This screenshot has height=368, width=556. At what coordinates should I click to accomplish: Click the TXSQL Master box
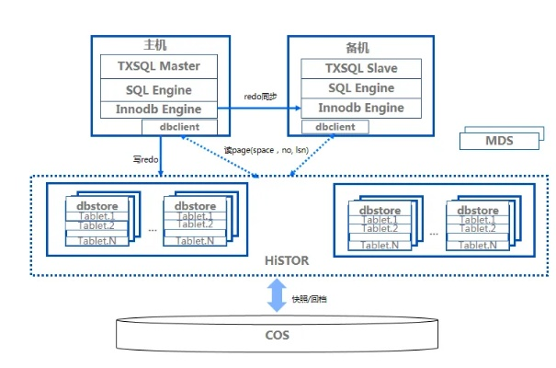[160, 66]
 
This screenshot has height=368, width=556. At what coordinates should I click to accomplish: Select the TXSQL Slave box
[360, 68]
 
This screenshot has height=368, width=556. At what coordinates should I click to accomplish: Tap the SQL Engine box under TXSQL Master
[160, 90]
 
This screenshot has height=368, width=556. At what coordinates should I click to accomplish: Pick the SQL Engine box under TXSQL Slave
[360, 88]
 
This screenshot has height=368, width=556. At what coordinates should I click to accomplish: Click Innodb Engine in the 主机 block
[160, 109]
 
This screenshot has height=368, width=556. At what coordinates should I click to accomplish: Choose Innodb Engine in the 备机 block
[360, 108]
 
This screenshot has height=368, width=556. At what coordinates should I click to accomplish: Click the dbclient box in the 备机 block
[335, 126]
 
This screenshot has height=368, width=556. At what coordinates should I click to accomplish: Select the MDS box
[499, 141]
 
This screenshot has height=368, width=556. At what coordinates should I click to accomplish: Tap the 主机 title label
[155, 44]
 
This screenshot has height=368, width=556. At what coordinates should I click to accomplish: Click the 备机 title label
[359, 46]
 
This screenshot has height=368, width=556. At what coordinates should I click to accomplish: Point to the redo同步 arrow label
[260, 96]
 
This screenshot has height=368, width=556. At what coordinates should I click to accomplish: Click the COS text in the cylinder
[277, 336]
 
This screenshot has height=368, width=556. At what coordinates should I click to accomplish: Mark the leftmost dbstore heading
[95, 206]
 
